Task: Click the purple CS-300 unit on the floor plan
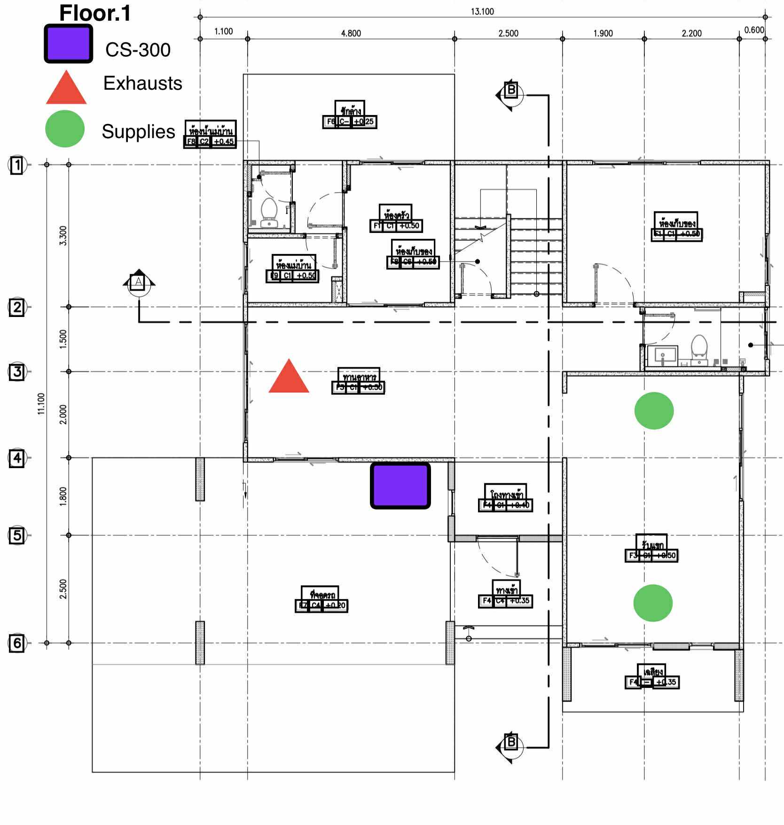[400, 486]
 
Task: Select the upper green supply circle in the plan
[654, 411]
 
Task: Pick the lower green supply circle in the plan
[653, 603]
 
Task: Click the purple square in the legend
[69, 44]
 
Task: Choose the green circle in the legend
[65, 129]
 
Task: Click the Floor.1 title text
[95, 13]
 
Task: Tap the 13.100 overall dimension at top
[482, 11]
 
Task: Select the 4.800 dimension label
[351, 33]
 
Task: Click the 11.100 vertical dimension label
[41, 403]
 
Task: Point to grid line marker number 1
[17, 165]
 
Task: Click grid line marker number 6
[17, 643]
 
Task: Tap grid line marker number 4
[17, 458]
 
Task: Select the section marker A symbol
[138, 282]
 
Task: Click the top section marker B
[510, 90]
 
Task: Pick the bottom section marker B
[510, 742]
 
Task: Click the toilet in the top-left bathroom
[269, 214]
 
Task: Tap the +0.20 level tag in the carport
[336, 605]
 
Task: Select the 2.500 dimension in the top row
[508, 33]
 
